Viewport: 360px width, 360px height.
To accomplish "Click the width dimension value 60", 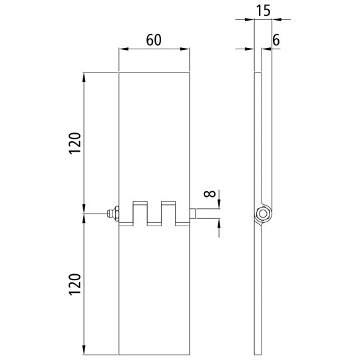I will point(154,39).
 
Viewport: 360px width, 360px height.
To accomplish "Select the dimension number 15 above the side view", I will point(264,11).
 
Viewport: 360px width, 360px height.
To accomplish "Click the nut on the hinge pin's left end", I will point(114,213).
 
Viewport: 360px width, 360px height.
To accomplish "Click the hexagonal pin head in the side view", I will point(264,214).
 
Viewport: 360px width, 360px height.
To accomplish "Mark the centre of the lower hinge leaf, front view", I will point(154,289).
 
